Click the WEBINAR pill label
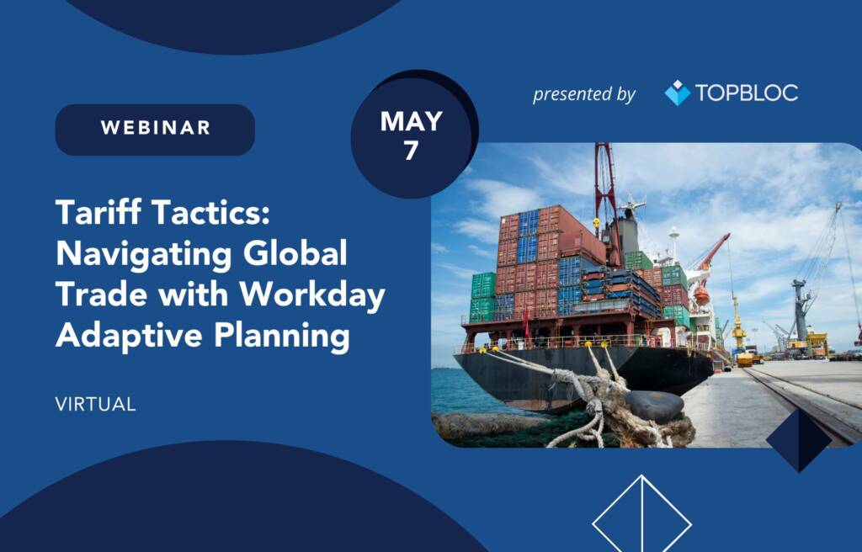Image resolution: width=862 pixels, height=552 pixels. (155, 130)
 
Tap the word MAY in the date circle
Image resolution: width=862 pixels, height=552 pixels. (411, 121)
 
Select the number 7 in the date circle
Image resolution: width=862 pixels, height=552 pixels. (411, 150)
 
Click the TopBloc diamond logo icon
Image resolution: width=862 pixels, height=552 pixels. (678, 93)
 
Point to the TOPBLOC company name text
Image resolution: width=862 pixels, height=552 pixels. (747, 93)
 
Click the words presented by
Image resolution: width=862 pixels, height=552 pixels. (584, 94)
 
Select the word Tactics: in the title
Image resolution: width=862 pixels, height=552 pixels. (210, 214)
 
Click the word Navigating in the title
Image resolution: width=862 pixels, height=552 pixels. (143, 255)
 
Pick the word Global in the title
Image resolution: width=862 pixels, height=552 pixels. (295, 253)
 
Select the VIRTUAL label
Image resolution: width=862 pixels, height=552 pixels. (96, 405)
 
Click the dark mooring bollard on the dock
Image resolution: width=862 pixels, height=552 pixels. (654, 406)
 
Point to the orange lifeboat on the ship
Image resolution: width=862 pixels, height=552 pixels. (701, 295)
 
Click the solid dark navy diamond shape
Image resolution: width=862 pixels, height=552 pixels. (799, 440)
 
